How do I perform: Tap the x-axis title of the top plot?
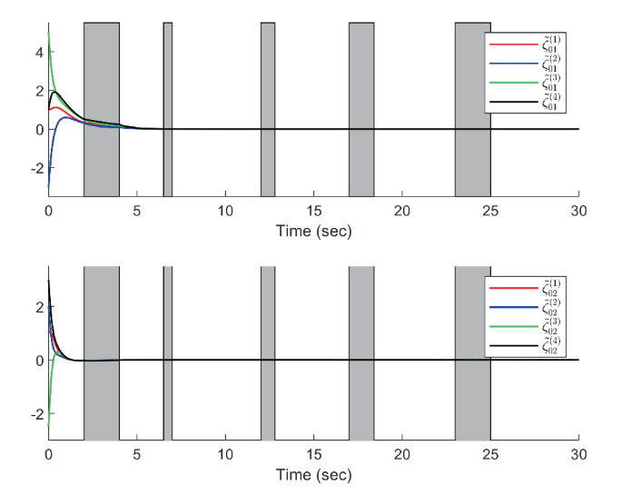point(313,231)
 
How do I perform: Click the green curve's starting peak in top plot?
point(49,33)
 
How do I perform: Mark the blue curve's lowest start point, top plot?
point(49,186)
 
